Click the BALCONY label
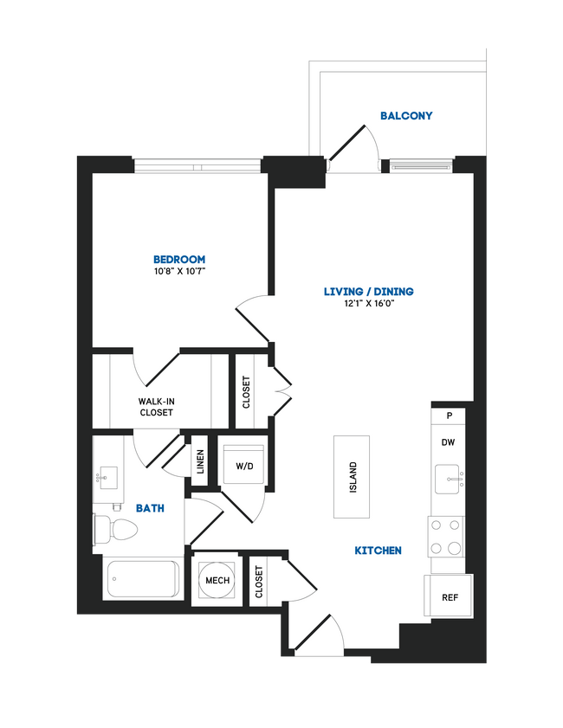(x=405, y=115)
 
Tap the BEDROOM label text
(x=178, y=260)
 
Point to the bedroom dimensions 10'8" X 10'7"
(x=178, y=272)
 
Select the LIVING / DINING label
(x=368, y=292)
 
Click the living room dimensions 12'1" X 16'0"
(x=368, y=304)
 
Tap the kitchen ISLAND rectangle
(x=352, y=478)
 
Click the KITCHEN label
(x=378, y=551)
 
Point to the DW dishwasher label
(x=448, y=442)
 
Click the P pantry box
(x=449, y=416)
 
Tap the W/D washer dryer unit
(x=244, y=466)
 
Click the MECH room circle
(x=217, y=579)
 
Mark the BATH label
(x=150, y=509)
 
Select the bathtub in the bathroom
(x=142, y=579)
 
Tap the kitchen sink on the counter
(x=449, y=477)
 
